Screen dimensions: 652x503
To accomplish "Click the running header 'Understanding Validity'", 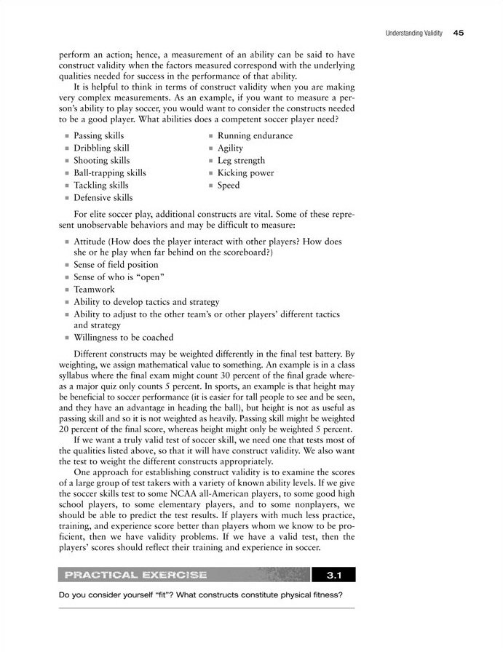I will pos(409,33).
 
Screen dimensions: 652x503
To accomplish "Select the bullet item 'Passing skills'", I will pos(99,136).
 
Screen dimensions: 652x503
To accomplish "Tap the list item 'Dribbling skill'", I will pos(102,148).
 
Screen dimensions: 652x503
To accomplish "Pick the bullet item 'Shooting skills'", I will pos(102,161).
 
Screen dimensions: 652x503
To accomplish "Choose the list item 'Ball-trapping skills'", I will pos(110,173).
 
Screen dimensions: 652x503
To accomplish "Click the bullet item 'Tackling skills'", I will pos(101,186).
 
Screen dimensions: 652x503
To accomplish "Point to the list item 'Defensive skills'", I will pos(103,198).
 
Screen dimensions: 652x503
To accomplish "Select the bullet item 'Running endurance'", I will pos(256,136).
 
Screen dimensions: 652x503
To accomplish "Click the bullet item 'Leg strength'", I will pos(242,161).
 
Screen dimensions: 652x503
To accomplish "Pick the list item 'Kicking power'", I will pos(246,173).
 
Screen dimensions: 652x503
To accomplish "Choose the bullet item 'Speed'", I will pos(229,186).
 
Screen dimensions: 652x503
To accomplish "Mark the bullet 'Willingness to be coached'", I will pos(124,338).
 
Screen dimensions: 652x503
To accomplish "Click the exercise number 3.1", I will pos(334,576).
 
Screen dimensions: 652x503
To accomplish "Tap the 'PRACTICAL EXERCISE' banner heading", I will pos(135,576).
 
